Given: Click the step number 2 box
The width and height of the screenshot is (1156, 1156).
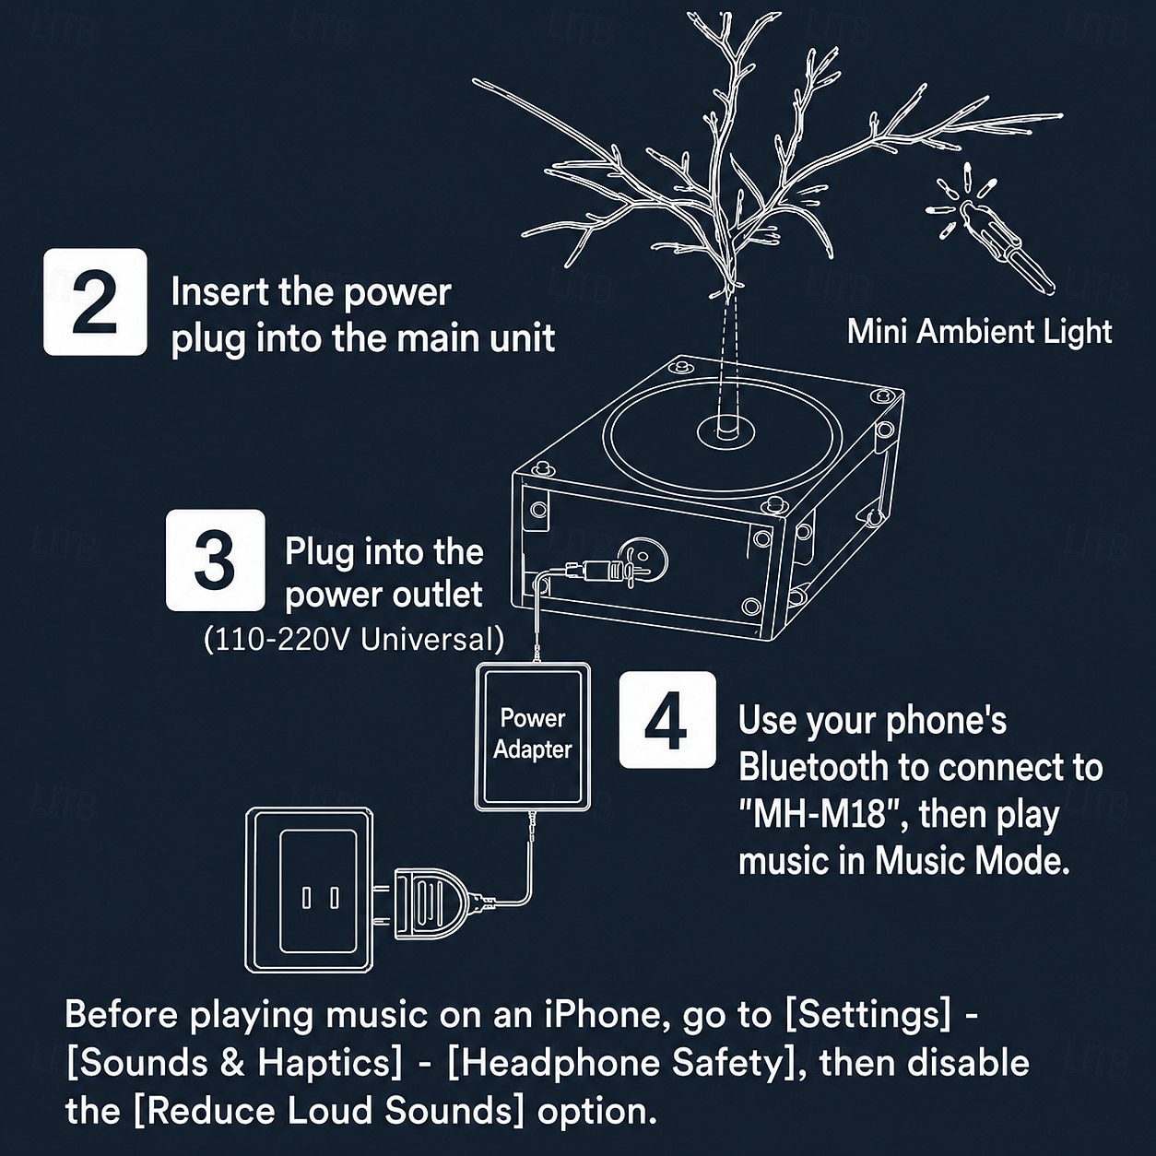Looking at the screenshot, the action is pos(95,301).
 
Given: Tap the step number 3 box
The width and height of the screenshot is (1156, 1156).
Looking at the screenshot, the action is pos(216,560).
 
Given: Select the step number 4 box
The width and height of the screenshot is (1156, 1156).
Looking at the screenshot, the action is pos(667,720).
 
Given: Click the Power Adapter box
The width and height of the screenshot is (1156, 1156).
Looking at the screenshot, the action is pos(533,736).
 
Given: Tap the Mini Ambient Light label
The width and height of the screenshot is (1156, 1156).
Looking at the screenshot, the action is pos(979,332).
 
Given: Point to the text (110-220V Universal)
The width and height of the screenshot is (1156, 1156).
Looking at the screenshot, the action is pos(354,640).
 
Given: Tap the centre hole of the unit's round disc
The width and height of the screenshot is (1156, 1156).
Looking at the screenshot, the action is pos(727,431).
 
